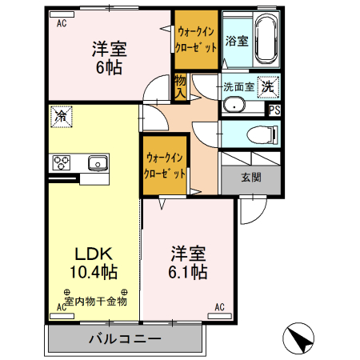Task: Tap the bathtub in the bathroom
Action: click(x=265, y=41)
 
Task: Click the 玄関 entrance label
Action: click(x=250, y=178)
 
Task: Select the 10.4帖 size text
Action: click(x=93, y=273)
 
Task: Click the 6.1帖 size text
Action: click(x=189, y=273)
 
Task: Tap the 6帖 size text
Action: click(x=110, y=67)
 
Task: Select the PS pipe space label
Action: click(x=274, y=110)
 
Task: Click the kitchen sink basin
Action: click(x=98, y=162)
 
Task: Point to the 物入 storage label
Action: click(x=180, y=86)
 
